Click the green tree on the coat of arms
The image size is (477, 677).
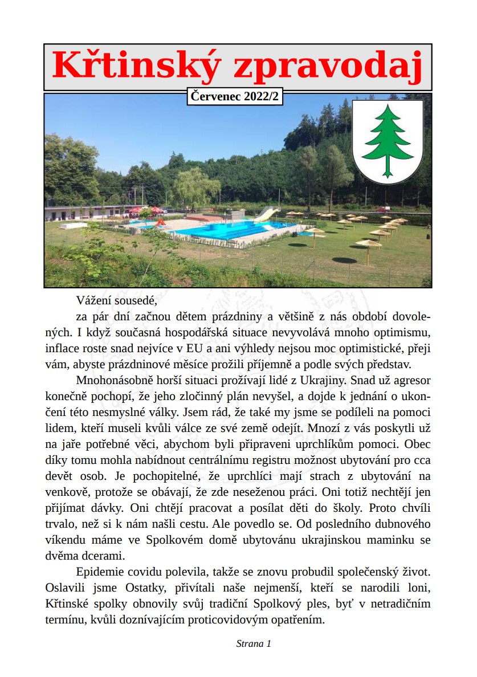(x=388, y=140)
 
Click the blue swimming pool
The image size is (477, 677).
(x=228, y=230)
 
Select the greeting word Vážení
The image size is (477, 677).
(x=95, y=299)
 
